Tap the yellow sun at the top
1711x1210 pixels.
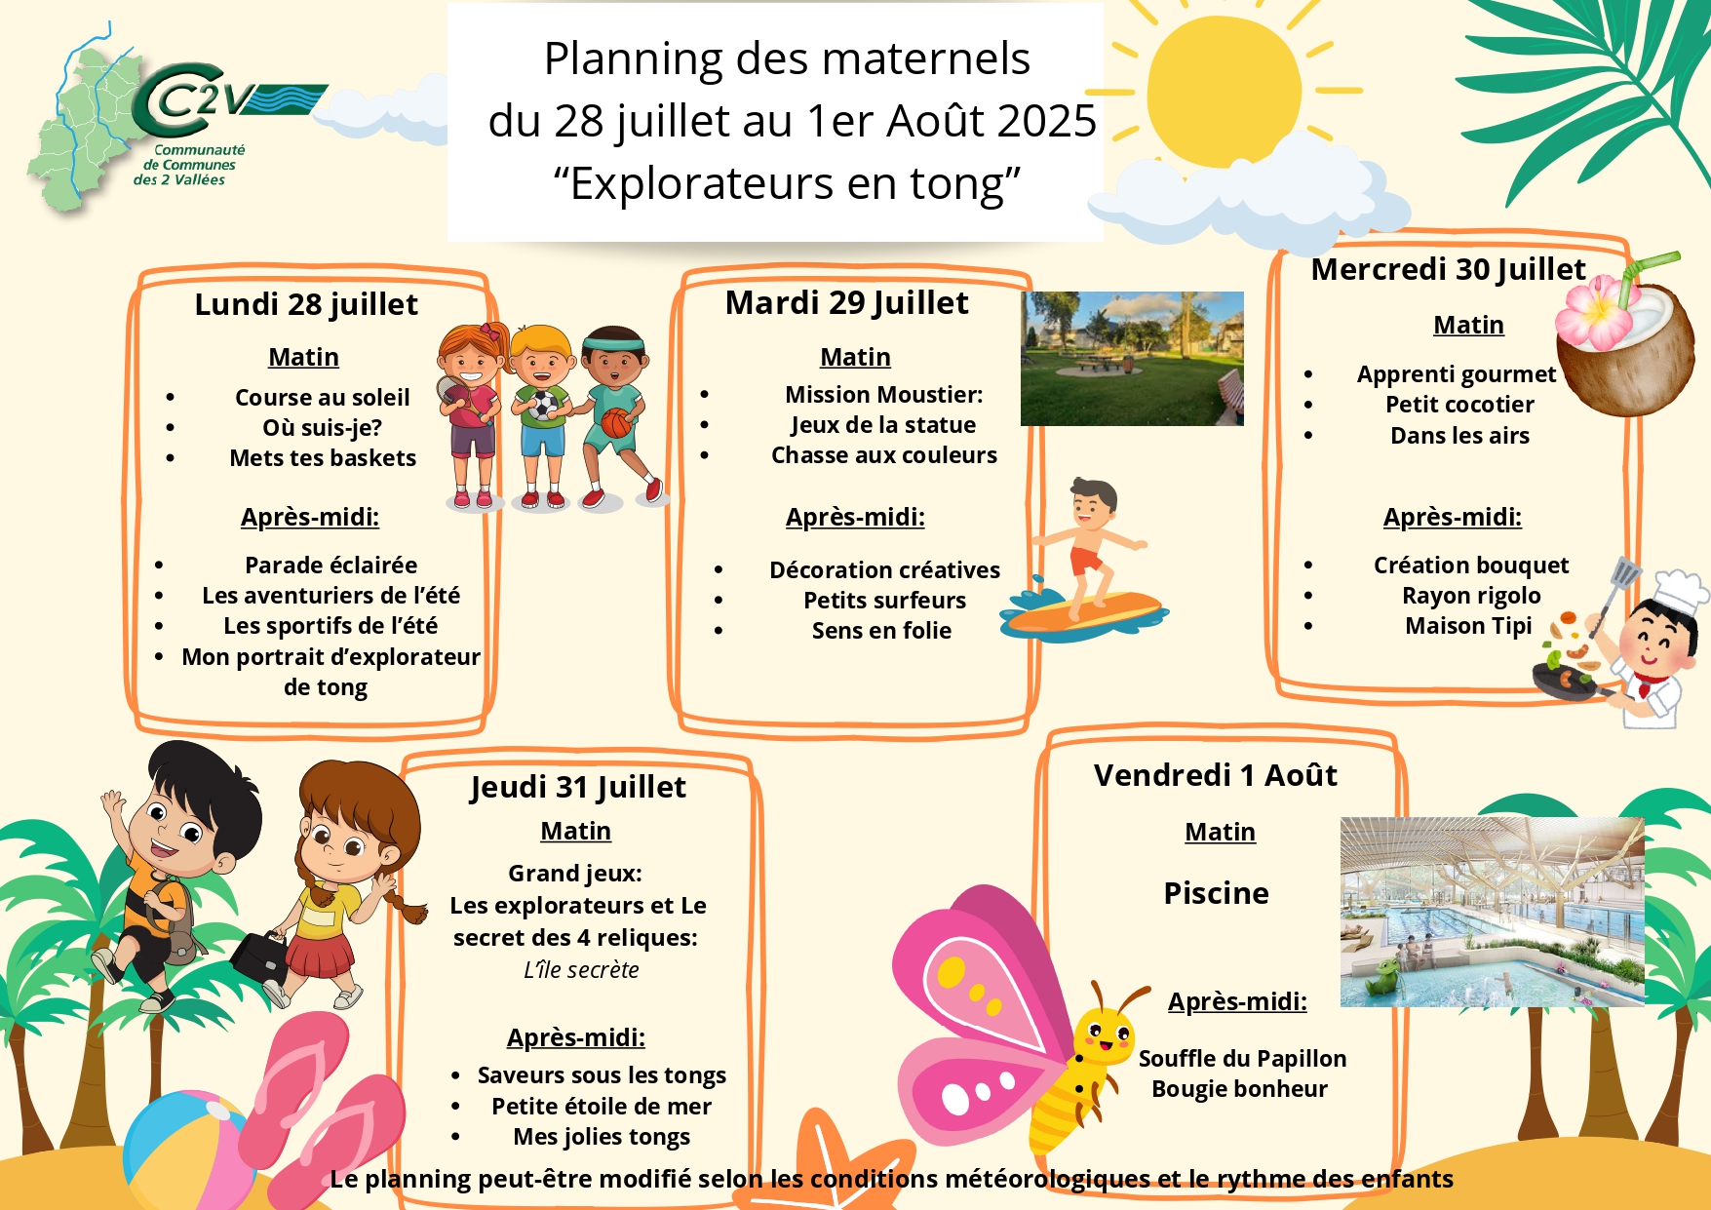pos(1224,91)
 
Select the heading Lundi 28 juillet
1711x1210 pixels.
pos(306,304)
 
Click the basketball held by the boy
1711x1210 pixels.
pos(616,423)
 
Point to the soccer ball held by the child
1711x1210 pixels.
pos(541,405)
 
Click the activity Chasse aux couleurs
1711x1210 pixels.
pos(884,455)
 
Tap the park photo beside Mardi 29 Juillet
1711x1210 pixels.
pos(1132,358)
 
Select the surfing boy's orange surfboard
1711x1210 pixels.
pos(1085,612)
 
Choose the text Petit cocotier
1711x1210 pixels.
pos(1459,405)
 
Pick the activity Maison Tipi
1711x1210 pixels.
pos(1468,626)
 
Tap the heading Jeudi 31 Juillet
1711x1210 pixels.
pos(578,787)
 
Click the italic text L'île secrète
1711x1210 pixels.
pos(581,970)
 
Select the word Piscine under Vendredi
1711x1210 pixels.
pos(1217,893)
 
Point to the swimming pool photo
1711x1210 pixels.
pos(1492,912)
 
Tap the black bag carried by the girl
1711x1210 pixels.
pos(259,957)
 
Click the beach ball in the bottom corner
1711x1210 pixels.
pos(185,1151)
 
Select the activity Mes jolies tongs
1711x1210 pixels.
pos(602,1137)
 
